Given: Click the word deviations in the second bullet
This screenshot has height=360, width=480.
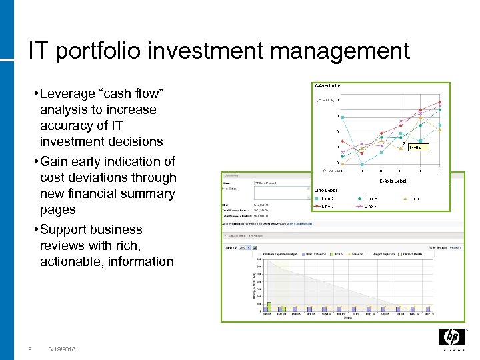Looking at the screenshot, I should coord(92,177).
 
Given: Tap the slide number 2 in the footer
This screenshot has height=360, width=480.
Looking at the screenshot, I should coord(29,349).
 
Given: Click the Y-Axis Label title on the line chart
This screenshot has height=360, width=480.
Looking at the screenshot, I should coord(327,86).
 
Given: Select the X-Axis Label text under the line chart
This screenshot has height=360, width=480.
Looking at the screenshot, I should coord(392,181).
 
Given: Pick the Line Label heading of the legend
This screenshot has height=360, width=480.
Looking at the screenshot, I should coord(325,191).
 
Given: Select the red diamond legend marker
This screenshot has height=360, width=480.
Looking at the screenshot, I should coord(318,207).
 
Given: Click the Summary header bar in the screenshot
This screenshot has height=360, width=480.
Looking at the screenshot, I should coord(267,176).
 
